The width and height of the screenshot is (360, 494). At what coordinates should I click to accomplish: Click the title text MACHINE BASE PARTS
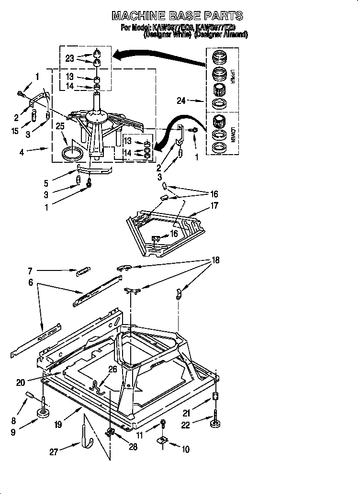(177, 16)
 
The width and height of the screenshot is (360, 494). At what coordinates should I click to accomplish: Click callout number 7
(30, 271)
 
